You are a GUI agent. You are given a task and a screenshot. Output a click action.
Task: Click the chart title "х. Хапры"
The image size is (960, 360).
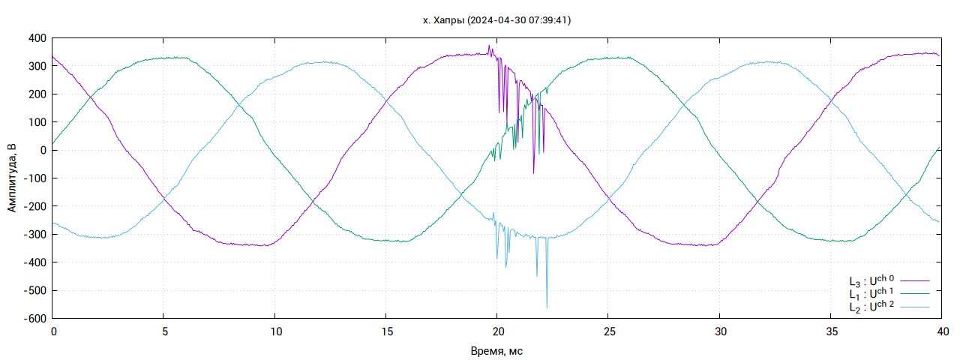click(443, 21)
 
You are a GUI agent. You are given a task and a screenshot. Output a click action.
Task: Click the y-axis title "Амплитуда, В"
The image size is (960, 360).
click(12, 178)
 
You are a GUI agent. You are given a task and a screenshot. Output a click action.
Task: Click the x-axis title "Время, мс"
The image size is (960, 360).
click(496, 350)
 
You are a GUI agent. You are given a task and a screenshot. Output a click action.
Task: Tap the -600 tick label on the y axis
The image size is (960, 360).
click(34, 319)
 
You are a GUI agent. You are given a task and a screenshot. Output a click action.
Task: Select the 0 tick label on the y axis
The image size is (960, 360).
click(43, 150)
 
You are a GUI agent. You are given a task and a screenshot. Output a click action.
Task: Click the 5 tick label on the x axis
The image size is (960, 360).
click(164, 331)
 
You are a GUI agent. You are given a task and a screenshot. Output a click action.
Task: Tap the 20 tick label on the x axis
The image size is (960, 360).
click(497, 331)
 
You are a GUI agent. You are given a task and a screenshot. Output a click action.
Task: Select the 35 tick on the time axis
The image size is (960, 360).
click(830, 331)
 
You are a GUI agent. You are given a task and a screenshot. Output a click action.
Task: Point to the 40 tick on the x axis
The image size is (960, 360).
click(941, 331)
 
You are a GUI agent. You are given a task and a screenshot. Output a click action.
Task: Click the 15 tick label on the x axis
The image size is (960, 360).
click(386, 331)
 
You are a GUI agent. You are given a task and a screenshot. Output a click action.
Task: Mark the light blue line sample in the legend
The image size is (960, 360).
click(915, 307)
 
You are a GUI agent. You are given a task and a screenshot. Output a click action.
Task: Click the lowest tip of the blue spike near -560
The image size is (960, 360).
click(547, 307)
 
